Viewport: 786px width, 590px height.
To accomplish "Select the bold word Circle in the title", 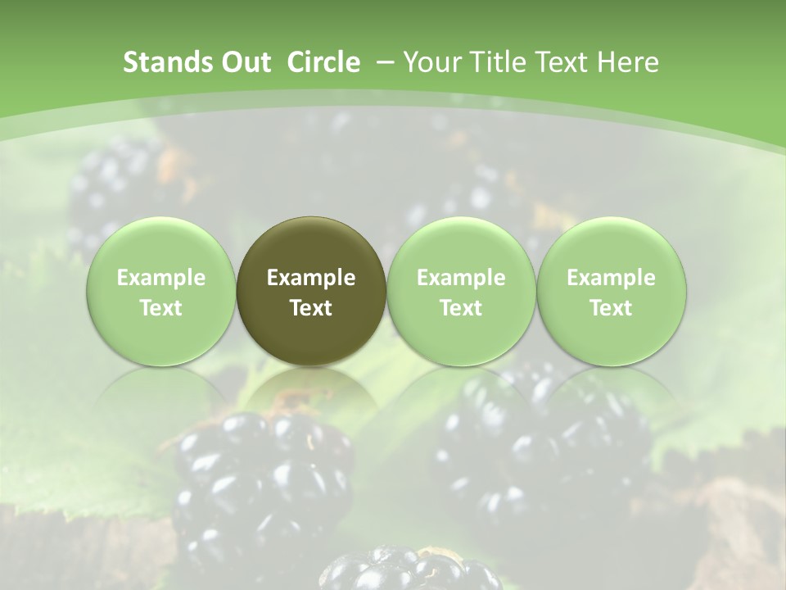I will point(323,62).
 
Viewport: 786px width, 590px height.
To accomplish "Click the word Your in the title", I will point(430,62).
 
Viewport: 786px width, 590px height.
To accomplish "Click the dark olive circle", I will point(311,292).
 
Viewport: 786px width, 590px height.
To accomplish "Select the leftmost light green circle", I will point(160,292).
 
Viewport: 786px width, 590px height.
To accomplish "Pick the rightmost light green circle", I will point(611,292).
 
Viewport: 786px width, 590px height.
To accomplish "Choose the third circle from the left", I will point(461,292).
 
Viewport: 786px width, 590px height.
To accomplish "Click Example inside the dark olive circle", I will point(311,278).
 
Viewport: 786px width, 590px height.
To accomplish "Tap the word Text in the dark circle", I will point(311,308).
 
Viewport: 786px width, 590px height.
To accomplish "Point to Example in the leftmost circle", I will point(160,278).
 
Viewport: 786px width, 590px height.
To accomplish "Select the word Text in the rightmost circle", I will point(611,308).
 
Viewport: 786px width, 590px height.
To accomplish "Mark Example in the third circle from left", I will point(461,278).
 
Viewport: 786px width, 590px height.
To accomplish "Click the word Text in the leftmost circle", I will point(160,308).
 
